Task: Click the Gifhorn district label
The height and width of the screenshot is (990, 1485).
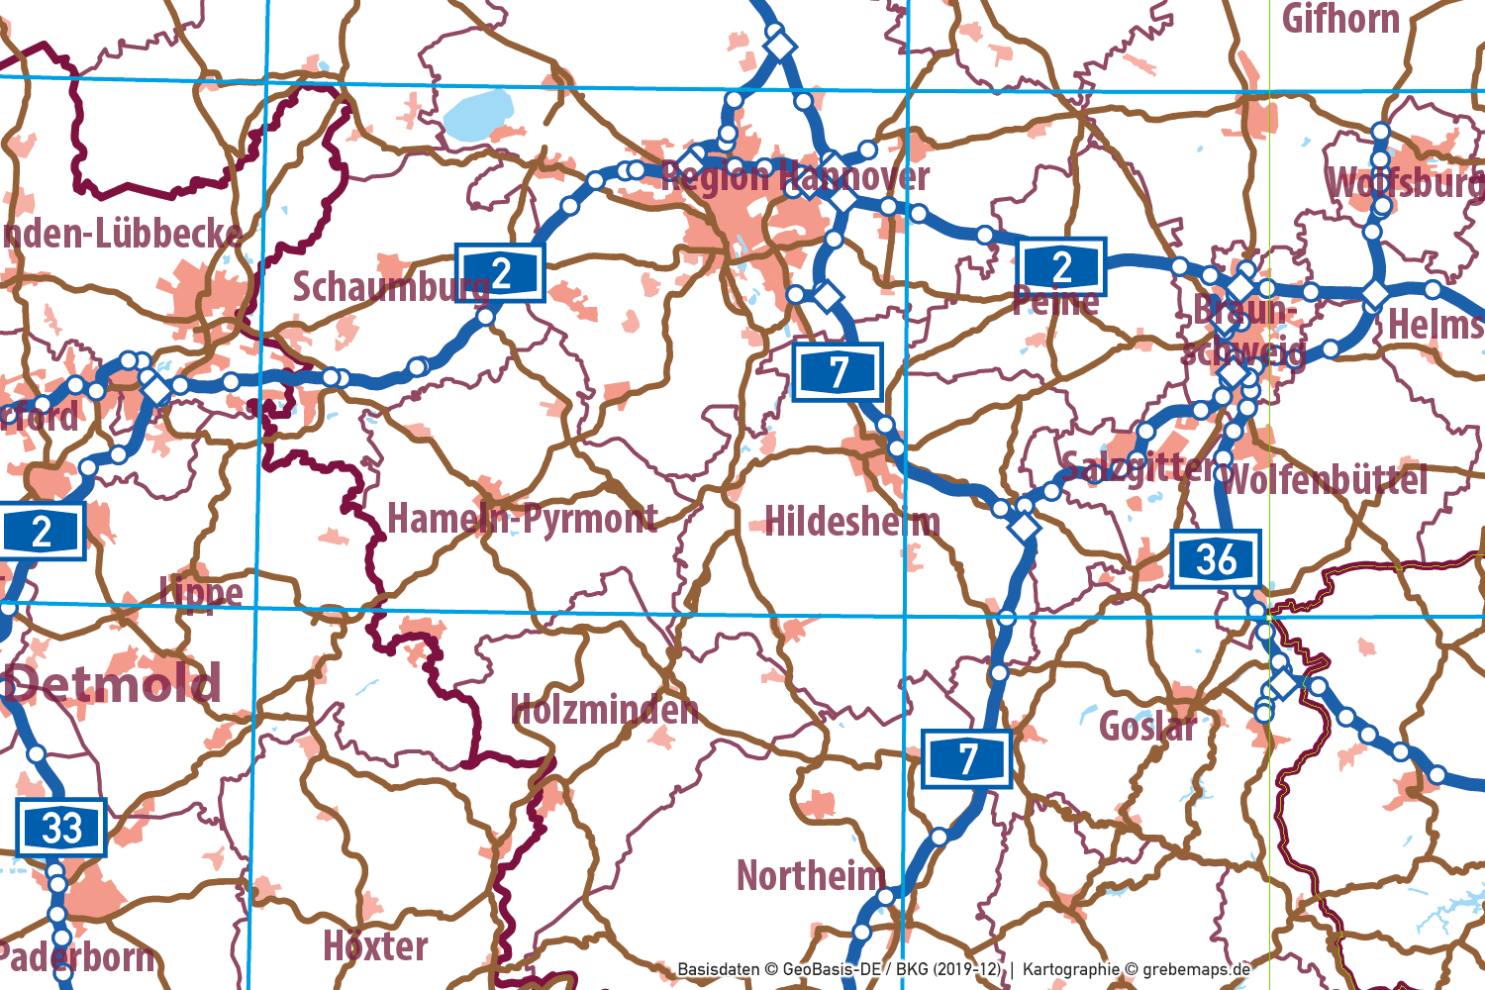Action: pos(1340,19)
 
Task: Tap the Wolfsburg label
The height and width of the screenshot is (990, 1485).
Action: pos(1404,184)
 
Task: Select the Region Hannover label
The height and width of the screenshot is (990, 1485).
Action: pos(795,177)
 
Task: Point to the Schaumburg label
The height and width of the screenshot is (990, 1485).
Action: pos(390,287)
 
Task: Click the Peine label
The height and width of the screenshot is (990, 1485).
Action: pos(1055,301)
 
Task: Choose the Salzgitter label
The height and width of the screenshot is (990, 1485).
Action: pos(1138,465)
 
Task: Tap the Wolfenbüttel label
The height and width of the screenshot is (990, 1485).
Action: pos(1326,480)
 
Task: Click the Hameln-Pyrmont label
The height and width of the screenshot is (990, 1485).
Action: pos(522,518)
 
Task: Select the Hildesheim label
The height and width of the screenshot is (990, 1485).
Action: pos(852,522)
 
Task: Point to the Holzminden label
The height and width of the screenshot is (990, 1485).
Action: pos(604,709)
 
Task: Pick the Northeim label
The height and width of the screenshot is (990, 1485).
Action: pos(810,875)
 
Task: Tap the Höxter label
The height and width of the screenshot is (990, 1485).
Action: pos(375,946)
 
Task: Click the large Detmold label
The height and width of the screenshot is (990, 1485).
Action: pos(114,683)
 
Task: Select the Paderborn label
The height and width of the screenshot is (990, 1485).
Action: pos(77,957)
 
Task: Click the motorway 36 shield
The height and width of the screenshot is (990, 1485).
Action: pos(1216,559)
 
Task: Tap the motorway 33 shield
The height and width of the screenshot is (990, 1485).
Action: pos(61,828)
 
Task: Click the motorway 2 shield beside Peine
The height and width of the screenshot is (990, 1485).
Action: pos(1061,266)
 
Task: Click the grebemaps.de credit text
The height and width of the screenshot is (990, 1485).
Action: pos(1196,969)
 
